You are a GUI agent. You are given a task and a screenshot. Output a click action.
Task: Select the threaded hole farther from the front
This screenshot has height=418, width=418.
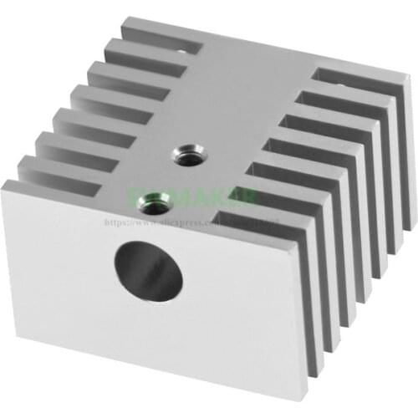[x=185, y=155]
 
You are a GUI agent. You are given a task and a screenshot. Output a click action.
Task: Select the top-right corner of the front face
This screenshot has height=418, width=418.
[x=297, y=236]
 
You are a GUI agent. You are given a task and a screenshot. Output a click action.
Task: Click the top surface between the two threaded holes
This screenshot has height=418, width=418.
[x=170, y=176]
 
